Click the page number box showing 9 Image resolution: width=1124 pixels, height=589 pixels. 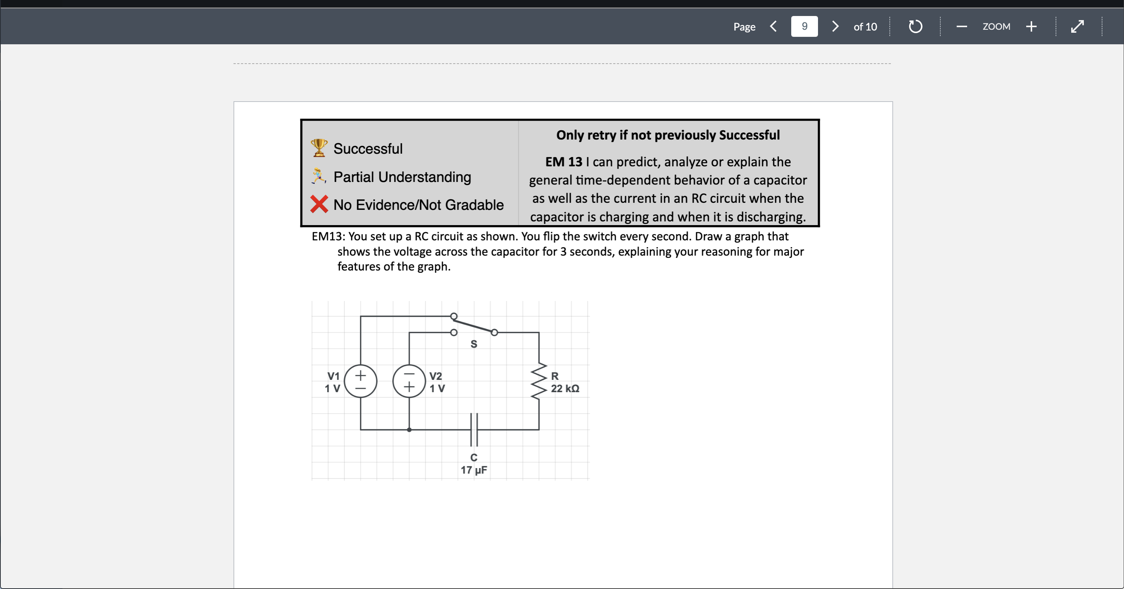(x=804, y=27)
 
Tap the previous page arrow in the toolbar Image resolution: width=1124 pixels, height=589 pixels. (x=773, y=27)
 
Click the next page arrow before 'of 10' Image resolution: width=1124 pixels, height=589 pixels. (x=835, y=27)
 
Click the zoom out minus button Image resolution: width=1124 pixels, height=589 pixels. (x=961, y=27)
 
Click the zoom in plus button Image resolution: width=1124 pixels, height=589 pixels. (x=1031, y=27)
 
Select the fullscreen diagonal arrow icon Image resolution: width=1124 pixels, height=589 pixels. (x=1077, y=27)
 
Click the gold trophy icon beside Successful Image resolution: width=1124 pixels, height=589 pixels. (x=319, y=148)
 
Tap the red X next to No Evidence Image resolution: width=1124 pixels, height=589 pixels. (x=319, y=204)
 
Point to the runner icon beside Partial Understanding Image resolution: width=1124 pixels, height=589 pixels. (x=319, y=176)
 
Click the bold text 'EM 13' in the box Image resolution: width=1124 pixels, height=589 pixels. (x=563, y=162)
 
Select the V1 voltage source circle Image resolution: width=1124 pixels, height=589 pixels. (x=360, y=381)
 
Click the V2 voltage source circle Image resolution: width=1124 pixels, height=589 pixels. (x=409, y=381)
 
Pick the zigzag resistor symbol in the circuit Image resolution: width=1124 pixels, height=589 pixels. (x=539, y=381)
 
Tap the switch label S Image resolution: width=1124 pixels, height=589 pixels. (x=474, y=344)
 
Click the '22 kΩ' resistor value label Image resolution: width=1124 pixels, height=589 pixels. (x=565, y=388)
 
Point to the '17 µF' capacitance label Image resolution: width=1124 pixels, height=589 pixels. (x=474, y=470)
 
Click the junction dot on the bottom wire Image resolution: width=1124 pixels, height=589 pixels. (x=409, y=430)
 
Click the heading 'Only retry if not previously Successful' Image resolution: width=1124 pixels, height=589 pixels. (x=667, y=135)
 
